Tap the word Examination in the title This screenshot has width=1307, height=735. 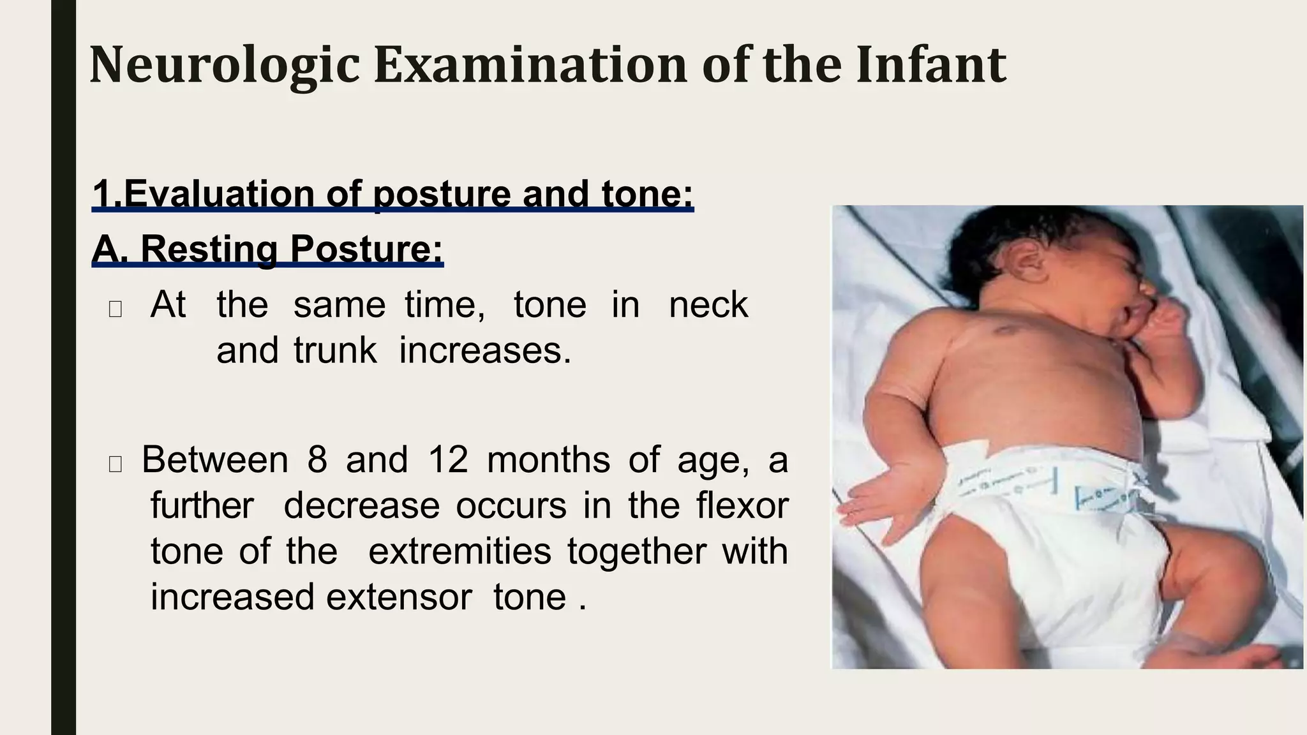coord(530,66)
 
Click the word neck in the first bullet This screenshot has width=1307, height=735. coord(708,305)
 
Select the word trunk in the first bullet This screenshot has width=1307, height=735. coord(335,351)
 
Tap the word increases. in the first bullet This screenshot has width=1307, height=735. coord(485,351)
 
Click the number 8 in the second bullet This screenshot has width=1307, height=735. coord(317,460)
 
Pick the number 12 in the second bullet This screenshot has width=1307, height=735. coord(448,460)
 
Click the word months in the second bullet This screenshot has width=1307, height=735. coord(548,460)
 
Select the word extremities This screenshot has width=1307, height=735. coord(459,552)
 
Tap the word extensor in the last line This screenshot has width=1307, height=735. coord(400,598)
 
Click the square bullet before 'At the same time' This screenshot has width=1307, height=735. coord(116,309)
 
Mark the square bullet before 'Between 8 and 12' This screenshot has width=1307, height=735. coord(116,464)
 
